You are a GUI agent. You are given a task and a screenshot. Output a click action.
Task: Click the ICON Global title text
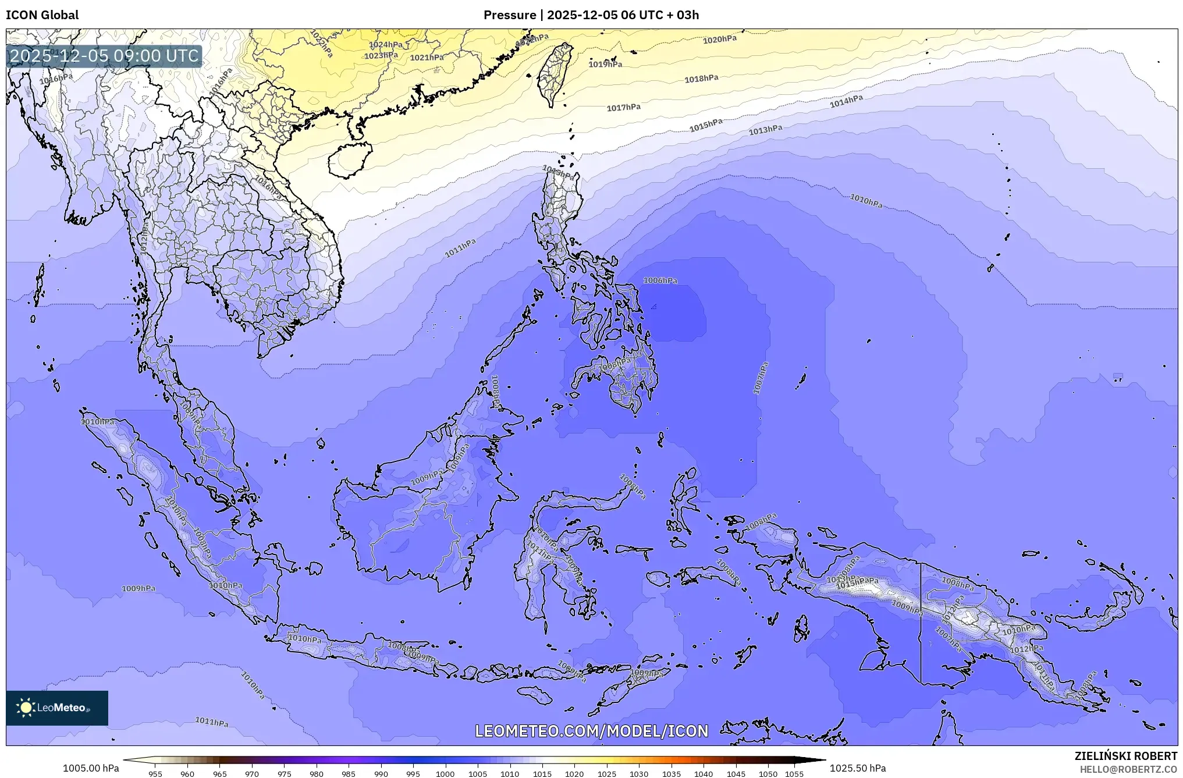pos(42,15)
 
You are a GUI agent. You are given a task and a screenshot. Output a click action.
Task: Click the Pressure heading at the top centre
pos(591,15)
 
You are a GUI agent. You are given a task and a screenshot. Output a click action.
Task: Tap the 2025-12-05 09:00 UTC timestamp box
pos(104,56)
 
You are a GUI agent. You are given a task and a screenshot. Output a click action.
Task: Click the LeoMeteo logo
pos(57,708)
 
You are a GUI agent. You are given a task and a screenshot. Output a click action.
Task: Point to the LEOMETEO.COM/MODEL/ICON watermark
pos(591,731)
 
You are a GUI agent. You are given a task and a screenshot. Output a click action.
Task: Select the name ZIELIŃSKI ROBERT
pos(1125,756)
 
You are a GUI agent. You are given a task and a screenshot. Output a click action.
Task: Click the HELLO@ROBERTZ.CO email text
pos(1128,769)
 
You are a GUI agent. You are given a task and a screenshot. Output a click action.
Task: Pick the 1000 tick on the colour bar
pos(445,774)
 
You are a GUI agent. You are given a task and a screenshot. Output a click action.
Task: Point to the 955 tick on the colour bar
pos(155,774)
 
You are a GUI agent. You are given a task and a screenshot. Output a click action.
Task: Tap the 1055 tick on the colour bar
pos(794,774)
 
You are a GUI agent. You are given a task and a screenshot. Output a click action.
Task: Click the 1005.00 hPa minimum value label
pos(91,768)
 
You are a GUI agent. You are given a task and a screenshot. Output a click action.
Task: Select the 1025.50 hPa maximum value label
pos(858,768)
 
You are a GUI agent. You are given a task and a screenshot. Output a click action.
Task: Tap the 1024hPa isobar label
pos(385,45)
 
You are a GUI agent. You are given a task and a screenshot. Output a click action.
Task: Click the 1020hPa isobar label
pos(719,40)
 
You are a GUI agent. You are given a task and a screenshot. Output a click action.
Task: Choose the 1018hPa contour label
pos(701,79)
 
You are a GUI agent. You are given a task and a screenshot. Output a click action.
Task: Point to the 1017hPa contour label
pos(623,108)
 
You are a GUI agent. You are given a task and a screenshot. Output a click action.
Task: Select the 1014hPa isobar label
pos(845,102)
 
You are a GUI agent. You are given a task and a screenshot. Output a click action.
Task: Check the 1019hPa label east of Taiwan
pos(605,64)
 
